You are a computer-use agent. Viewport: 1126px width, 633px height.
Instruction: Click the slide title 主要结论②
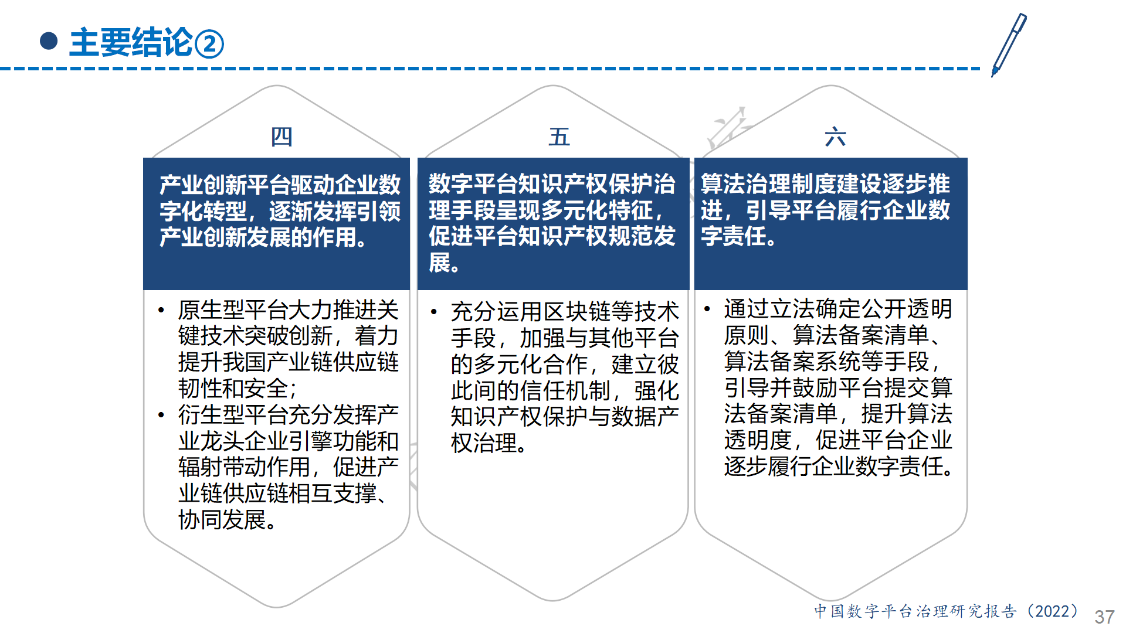147,43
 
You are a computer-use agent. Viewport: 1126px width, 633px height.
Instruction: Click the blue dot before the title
49,41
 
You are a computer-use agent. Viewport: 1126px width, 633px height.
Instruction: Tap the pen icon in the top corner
1009,45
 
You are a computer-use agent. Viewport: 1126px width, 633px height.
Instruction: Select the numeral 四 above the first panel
281,137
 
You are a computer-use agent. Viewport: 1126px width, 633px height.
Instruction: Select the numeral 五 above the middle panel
559,137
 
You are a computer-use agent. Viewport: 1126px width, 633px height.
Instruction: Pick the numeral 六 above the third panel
835,137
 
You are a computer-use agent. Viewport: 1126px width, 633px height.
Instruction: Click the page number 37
1104,617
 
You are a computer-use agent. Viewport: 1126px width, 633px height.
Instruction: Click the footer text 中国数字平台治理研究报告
915,611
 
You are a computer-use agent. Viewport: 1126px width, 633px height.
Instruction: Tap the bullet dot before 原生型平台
161,309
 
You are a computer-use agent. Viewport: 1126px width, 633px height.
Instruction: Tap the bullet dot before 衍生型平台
161,415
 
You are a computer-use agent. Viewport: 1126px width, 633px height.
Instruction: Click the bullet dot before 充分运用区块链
434,311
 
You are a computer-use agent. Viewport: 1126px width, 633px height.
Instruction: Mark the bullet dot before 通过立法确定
707,308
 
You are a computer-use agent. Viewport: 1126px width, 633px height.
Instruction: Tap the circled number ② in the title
209,44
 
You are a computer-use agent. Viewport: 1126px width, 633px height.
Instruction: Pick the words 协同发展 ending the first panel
222,520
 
